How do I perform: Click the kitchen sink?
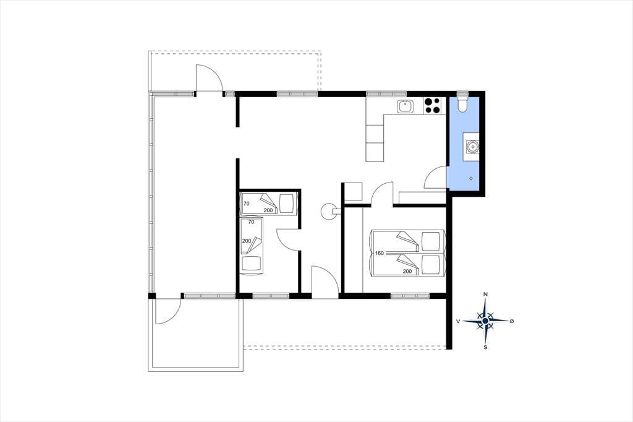[404, 106]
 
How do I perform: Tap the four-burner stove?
[432, 106]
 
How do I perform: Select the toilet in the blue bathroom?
[462, 104]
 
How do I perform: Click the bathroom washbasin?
[471, 147]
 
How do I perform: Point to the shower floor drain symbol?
[470, 178]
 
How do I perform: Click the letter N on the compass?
[486, 295]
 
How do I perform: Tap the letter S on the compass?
[486, 347]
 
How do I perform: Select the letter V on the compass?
[458, 321]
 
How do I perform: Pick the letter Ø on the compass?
[512, 321]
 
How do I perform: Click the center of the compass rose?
[485, 321]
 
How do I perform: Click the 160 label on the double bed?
[380, 254]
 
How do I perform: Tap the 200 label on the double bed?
[407, 271]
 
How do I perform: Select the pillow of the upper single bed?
[287, 204]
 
